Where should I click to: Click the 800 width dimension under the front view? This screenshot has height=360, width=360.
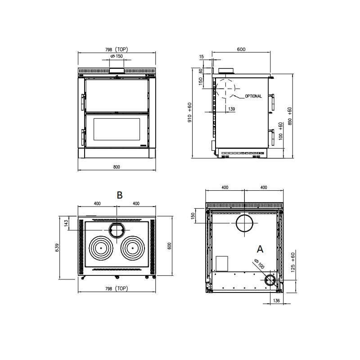[x=117, y=167]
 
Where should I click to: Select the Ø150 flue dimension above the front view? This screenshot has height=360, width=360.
[x=117, y=56]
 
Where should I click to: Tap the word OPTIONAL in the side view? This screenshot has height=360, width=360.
[x=253, y=96]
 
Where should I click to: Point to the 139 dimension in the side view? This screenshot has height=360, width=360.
[x=232, y=109]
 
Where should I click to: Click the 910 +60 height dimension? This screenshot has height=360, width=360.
[x=189, y=112]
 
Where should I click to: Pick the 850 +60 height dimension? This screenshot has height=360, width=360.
[x=290, y=116]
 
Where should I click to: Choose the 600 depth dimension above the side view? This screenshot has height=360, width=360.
[x=241, y=49]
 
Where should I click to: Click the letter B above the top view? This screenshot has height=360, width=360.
[x=120, y=195]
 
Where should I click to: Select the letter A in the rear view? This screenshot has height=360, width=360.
[x=260, y=249]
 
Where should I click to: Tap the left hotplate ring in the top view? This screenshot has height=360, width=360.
[x=101, y=248]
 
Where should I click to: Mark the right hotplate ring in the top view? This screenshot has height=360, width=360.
[x=132, y=248]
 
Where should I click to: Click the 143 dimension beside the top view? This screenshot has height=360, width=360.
[x=66, y=223]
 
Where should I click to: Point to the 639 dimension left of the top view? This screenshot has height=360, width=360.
[x=57, y=247]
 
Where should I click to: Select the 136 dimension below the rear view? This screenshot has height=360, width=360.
[x=276, y=301]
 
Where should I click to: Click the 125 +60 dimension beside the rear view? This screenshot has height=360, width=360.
[x=293, y=262]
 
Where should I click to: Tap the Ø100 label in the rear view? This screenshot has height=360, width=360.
[x=260, y=264]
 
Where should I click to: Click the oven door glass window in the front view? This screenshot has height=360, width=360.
[x=117, y=129]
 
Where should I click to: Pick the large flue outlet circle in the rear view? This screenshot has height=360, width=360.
[x=244, y=223]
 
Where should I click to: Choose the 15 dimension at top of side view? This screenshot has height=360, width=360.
[x=201, y=57]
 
